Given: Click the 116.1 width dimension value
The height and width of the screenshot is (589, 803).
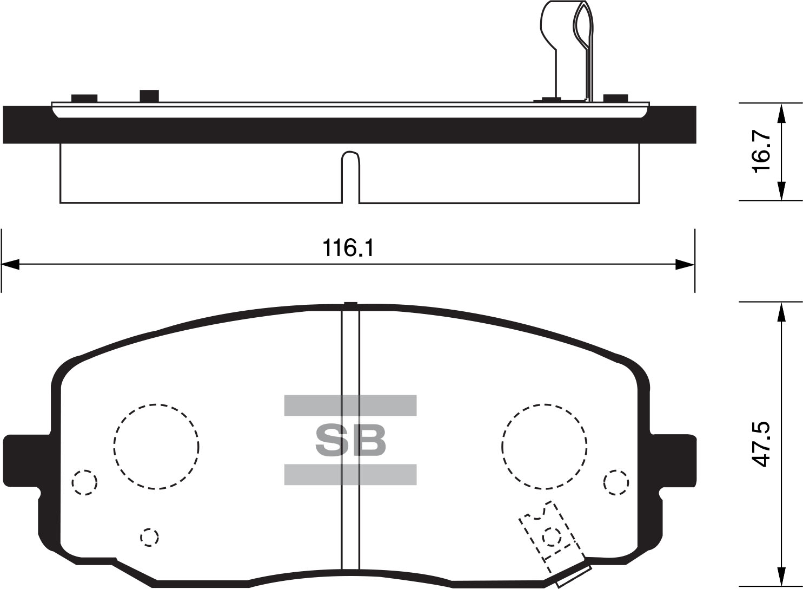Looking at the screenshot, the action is tap(348, 248).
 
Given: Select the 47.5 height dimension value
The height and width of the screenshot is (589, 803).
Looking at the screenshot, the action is tap(760, 444).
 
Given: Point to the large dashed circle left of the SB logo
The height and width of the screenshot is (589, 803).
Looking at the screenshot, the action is tap(156, 404).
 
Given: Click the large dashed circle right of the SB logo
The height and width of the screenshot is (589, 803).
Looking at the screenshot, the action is tap(544, 404).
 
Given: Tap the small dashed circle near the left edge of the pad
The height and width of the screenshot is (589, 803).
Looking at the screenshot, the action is tap(84, 470).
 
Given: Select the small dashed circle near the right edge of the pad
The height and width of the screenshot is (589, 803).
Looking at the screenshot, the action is tap(616, 470).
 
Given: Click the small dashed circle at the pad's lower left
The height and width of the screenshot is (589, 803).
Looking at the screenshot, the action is tap(149, 529).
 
